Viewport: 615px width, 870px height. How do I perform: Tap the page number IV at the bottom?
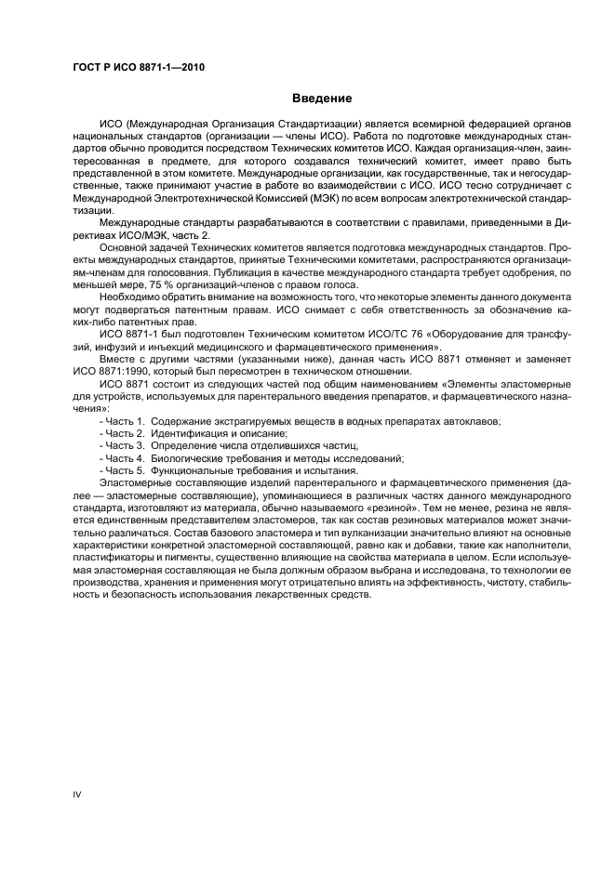pyautogui.click(x=78, y=793)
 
